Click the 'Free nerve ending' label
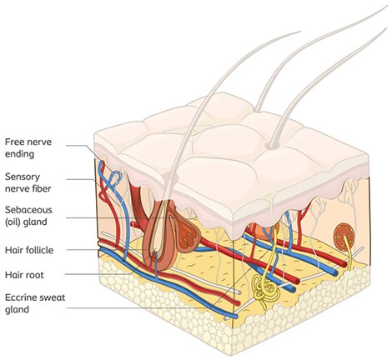pos(28,147)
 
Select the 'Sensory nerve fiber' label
pos(28,182)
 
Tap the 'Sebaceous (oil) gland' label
pos(28,216)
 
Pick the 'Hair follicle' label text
pos(29,250)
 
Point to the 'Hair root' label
pos(24,275)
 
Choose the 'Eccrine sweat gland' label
pos(35,303)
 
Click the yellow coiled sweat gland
pos(265,290)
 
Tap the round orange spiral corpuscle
pos(344,235)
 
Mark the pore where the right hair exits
pos(274,145)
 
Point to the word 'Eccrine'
pos(21,297)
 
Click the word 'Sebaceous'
pos(28,210)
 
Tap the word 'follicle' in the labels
pos(39,250)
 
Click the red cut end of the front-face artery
pos(238,303)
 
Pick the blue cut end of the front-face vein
pos(236,316)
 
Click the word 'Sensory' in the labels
pos(23,177)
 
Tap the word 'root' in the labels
pos(35,275)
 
